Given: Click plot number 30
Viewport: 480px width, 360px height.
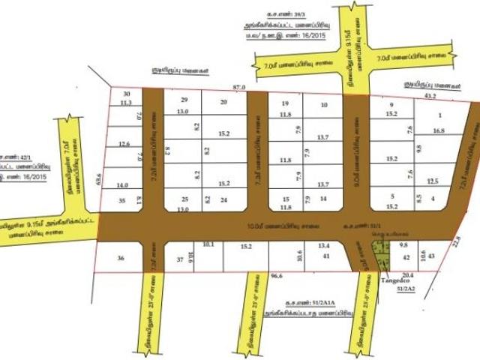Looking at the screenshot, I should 126,93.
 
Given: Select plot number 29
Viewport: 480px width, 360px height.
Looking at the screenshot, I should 184,100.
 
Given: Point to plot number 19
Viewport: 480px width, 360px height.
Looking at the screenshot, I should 284,103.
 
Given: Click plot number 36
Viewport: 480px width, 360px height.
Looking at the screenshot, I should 121,258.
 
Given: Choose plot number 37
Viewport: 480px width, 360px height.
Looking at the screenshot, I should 179,259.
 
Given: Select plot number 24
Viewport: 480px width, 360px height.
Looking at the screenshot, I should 223,201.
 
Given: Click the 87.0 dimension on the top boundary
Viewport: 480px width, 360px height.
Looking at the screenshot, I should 240,88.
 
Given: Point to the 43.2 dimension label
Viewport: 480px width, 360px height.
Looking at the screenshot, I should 430,96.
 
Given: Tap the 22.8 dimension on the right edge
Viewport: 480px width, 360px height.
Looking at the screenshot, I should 458,240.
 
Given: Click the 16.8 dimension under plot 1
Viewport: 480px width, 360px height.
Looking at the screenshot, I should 439,130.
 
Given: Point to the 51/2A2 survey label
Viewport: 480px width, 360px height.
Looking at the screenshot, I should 406,289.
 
